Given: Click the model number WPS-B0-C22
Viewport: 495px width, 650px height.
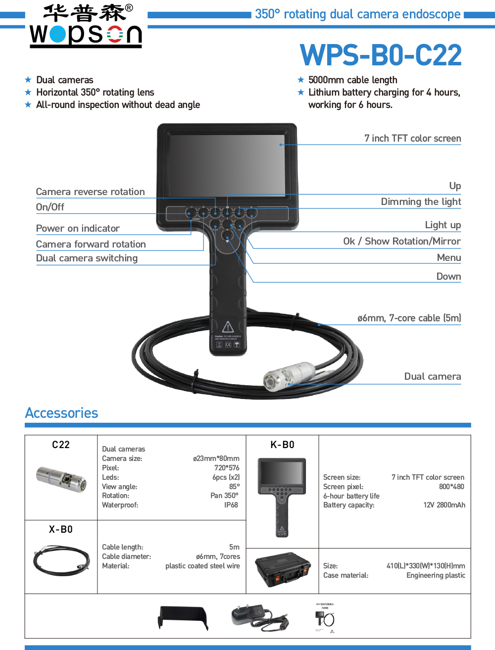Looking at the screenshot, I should pos(381,55).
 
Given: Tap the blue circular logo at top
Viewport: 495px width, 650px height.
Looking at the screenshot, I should pos(57,34).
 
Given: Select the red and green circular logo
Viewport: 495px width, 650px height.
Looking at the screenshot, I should pos(115,34).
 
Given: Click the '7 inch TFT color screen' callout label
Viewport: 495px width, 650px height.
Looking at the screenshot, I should pos(412,139).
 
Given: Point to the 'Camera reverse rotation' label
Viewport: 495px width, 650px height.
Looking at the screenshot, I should pos(90,192).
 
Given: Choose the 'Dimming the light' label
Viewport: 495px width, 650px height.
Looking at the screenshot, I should pos(421,201).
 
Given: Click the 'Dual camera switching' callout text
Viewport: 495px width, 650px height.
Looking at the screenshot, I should pos(87,258).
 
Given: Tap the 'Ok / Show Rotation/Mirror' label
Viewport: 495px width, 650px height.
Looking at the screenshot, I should pos(401,241).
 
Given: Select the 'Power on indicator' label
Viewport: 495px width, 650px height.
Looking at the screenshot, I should pos(78,228).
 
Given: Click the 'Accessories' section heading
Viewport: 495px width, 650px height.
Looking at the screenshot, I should pos(61,413).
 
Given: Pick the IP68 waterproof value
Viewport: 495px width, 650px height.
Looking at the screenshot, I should pos(231,505).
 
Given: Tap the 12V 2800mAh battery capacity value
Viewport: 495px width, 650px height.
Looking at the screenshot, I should pos(444,505).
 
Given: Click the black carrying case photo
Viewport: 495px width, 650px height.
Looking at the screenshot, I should pos(282,570).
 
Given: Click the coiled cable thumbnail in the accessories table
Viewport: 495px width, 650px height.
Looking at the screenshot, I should pos(61,560).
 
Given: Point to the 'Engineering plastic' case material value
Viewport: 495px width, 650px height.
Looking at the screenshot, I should pos(436,575).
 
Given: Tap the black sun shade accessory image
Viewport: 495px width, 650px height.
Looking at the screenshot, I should pos(183,618).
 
